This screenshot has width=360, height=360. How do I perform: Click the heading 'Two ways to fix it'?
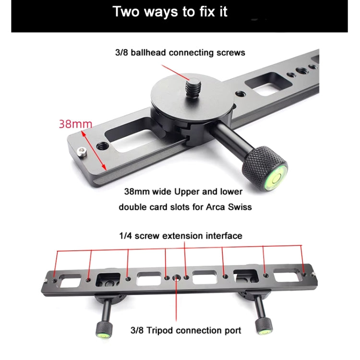click(170, 12)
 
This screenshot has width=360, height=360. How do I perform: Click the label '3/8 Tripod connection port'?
click(186, 330)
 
